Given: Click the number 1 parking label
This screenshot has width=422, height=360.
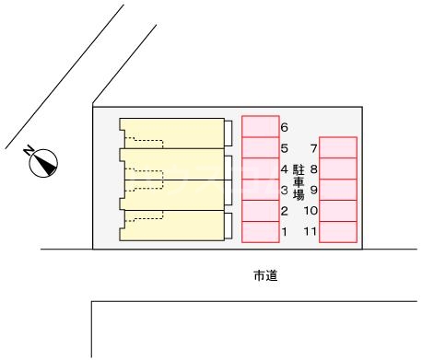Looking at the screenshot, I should click(285, 232).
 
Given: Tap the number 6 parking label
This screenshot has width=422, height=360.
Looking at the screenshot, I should click(285, 127).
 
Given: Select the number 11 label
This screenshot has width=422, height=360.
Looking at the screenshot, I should click(311, 232).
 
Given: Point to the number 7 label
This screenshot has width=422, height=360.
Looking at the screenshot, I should click(314, 148).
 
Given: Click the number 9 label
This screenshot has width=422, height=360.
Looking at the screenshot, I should click(314, 191).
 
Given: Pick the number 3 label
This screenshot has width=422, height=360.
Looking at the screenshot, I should click(285, 191).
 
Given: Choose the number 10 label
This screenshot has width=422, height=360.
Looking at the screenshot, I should click(311, 212).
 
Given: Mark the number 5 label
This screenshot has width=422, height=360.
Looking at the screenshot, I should click(285, 148).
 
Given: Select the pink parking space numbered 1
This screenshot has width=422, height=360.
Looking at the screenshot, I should click(260, 232).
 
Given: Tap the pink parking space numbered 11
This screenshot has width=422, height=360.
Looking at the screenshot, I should click(338, 232).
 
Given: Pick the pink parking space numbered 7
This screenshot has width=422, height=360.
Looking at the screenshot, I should click(338, 147).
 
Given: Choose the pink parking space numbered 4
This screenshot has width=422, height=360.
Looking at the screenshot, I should click(260, 168).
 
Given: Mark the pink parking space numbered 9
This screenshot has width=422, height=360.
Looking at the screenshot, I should click(338, 190).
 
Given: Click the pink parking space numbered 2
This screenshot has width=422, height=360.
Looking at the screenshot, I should click(260, 211).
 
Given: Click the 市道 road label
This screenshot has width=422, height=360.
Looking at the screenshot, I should click(264, 275).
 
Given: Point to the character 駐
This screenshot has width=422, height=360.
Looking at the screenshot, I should click(299, 169).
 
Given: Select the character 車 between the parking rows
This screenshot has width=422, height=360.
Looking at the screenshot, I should click(299, 182).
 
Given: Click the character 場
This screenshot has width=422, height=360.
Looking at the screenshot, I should click(299, 195).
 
